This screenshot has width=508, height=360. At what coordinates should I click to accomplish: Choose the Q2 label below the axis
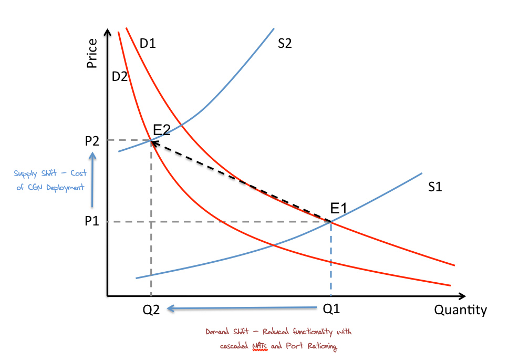click(151, 310)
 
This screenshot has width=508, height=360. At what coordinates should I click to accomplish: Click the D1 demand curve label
click(148, 44)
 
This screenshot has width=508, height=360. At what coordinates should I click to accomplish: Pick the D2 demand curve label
click(120, 77)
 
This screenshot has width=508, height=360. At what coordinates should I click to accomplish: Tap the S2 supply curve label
click(284, 44)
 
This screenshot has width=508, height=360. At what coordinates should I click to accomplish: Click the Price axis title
click(92, 53)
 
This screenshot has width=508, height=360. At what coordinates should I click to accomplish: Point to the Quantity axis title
click(460, 310)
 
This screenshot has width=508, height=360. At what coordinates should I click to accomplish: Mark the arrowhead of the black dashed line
click(155, 142)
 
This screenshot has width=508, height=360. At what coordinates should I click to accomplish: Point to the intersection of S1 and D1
click(331, 222)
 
